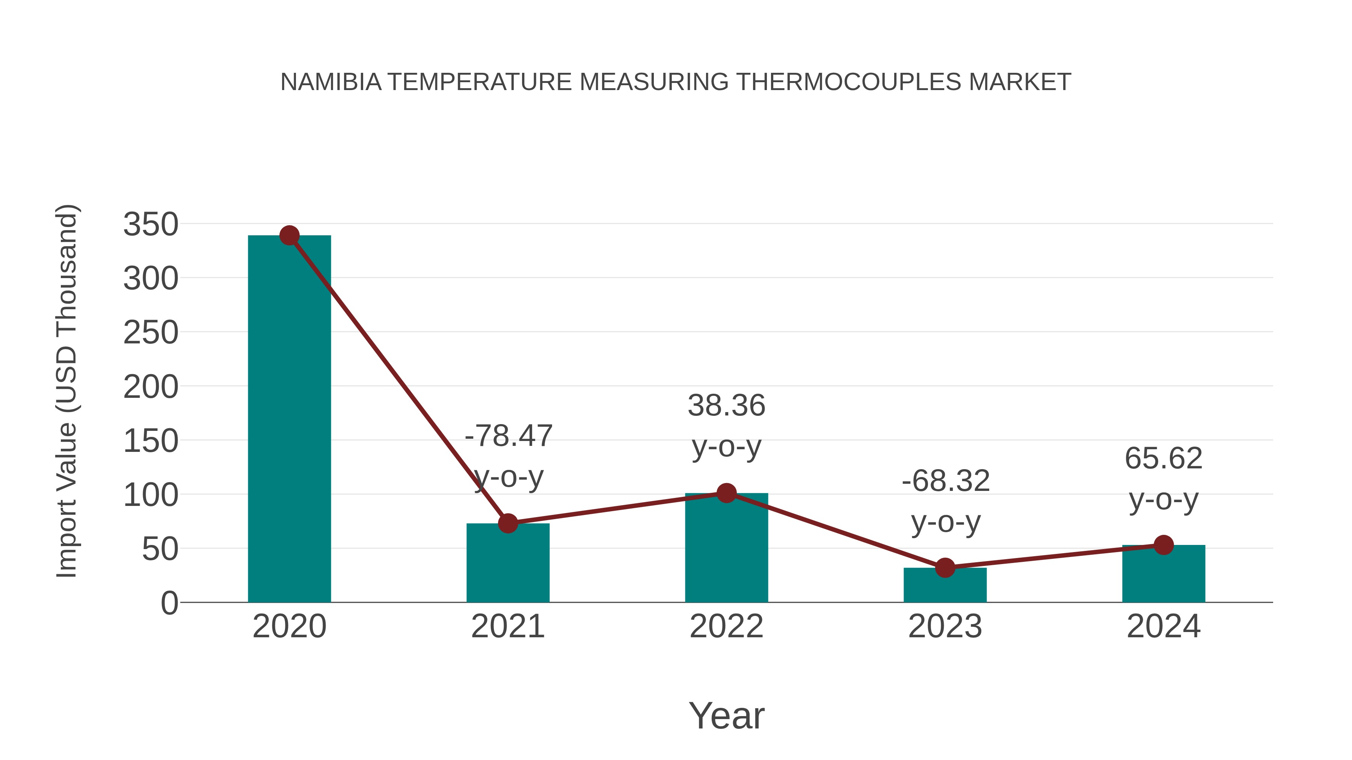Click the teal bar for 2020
pyautogui.click(x=289, y=420)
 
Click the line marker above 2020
pyautogui.click(x=289, y=235)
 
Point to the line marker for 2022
pyautogui.click(x=726, y=493)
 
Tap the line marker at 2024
pyautogui.click(x=1163, y=545)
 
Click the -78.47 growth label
pyautogui.click(x=509, y=436)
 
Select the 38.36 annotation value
pyautogui.click(x=726, y=405)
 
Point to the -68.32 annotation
pyautogui.click(x=945, y=481)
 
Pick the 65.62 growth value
pyautogui.click(x=1163, y=458)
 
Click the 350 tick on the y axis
pyautogui.click(x=151, y=224)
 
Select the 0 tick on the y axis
pyautogui.click(x=169, y=603)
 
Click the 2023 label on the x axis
pyautogui.click(x=945, y=626)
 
